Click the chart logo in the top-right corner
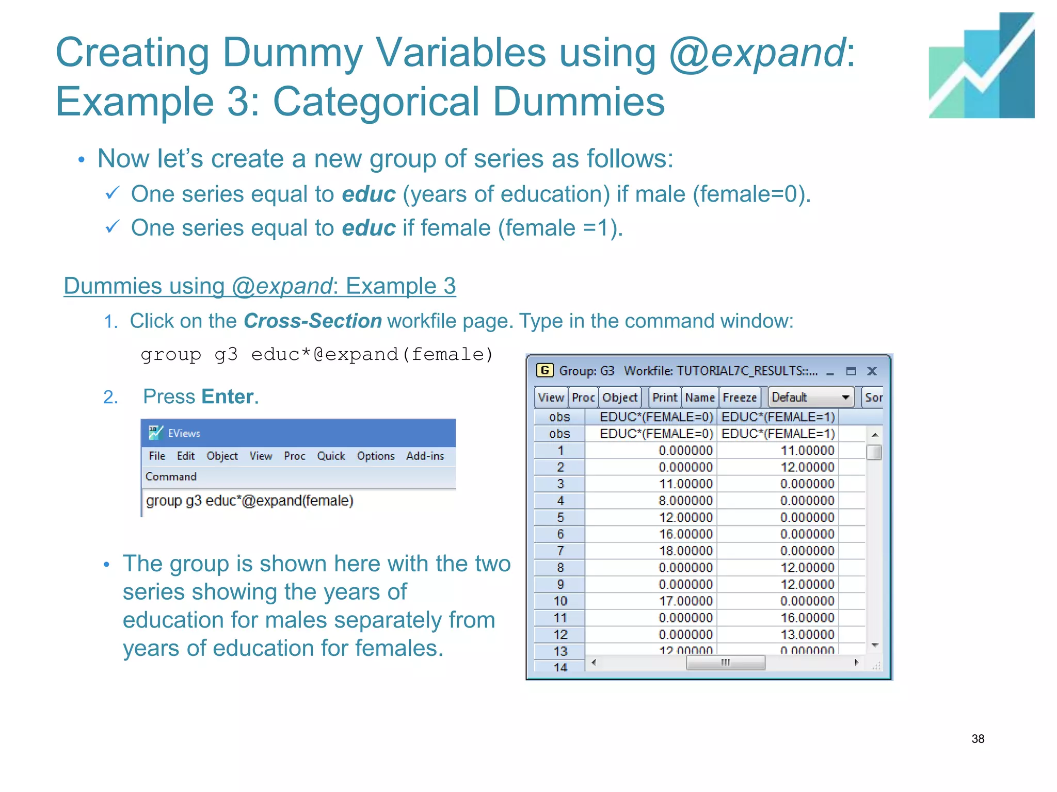click(x=981, y=66)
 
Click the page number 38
click(x=978, y=738)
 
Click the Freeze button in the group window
click(x=739, y=398)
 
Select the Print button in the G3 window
click(x=664, y=398)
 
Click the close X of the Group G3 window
click(x=872, y=371)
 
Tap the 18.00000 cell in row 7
click(x=685, y=551)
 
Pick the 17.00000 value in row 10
click(x=685, y=601)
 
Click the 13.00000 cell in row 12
click(x=807, y=635)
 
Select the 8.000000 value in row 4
click(x=685, y=501)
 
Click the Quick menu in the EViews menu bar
click(x=331, y=456)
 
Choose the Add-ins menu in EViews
click(x=425, y=456)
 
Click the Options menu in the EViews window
click(x=375, y=456)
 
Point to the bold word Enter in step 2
click(x=228, y=397)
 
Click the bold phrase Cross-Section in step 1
click(x=312, y=321)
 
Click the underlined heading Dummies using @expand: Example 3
click(x=260, y=286)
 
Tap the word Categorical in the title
click(x=376, y=102)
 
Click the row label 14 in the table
click(x=560, y=667)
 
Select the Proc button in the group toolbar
click(x=583, y=398)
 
